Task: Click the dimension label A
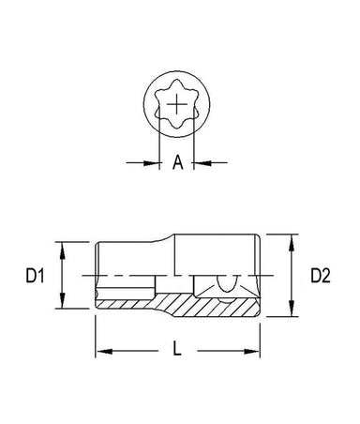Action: [178, 162]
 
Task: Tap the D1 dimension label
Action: [35, 276]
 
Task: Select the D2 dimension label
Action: [321, 276]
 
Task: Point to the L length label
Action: [177, 349]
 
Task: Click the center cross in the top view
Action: [177, 104]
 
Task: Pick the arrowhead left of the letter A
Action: [152, 162]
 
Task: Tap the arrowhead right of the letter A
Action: [202, 162]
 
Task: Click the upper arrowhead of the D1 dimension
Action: [62, 250]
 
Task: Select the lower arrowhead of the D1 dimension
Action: [62, 300]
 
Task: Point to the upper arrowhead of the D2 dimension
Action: [292, 243]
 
